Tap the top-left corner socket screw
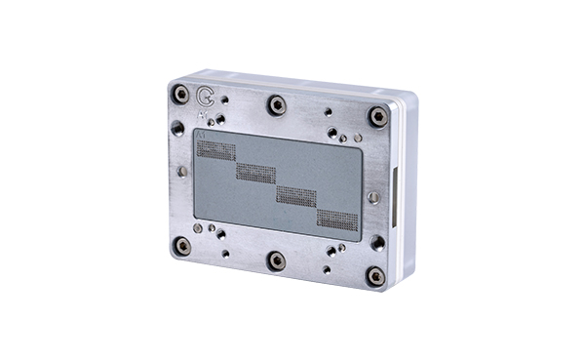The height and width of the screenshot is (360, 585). pos(180,94)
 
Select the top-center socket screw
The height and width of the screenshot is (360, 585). pos(277,103)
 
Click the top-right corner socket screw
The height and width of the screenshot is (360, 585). pos(376,115)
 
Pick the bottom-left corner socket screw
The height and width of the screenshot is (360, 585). pos(180,246)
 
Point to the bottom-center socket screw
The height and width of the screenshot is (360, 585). pos(277,260)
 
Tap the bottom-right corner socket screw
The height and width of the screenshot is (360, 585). pos(375,275)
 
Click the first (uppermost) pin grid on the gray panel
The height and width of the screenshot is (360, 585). pos(216,150)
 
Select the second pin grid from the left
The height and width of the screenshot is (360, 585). pos(255,173)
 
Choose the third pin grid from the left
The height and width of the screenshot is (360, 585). pos(295,196)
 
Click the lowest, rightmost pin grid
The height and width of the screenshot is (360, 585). pos(337,220)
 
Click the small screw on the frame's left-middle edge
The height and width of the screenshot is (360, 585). pos(182,171)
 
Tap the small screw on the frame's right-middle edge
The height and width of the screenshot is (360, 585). pos(374,197)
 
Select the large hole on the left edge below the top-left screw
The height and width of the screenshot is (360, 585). pos(177,128)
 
